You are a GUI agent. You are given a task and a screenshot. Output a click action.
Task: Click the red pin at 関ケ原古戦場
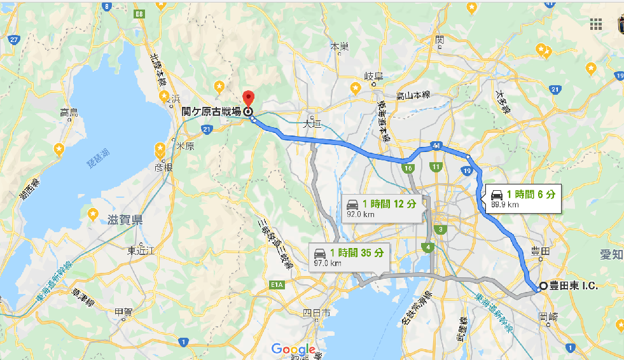coord(249,99)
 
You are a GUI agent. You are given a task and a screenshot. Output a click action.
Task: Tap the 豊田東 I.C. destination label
coord(573,286)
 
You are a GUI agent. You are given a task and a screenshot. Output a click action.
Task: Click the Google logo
coord(293,349)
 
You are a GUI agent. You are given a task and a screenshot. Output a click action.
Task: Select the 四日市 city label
coord(316,312)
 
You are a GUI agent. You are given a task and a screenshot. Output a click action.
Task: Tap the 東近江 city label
coord(141,251)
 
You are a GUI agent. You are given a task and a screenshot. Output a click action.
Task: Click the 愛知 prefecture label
coord(611,254)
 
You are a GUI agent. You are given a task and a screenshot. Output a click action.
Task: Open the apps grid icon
coord(596,24)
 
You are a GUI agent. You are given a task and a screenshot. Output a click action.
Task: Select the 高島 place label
coord(69,113)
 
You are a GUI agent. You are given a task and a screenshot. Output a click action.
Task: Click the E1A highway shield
coord(277,285)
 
